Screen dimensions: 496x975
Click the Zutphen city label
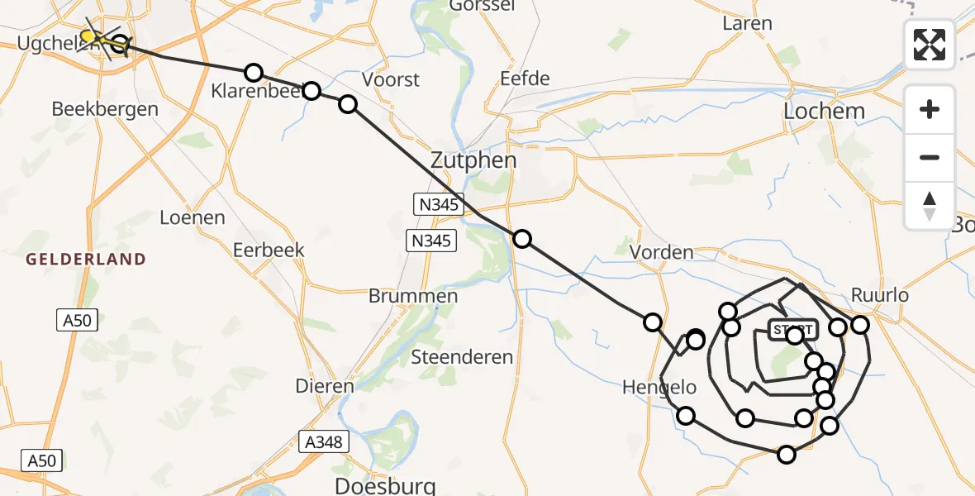point(473,160)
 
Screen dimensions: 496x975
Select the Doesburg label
point(383,484)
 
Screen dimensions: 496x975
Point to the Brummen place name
point(413,296)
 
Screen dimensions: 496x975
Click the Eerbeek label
point(269,250)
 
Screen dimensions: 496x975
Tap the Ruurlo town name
point(880,296)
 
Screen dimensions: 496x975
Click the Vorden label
point(661,252)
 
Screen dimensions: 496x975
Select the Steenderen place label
point(463,358)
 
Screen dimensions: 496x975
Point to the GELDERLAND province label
point(86,260)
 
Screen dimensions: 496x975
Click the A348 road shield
point(323,442)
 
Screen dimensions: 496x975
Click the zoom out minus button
point(930,157)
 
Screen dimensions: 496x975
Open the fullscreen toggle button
point(930,45)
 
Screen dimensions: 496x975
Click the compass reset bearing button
point(930,206)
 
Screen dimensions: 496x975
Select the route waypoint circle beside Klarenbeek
point(254,73)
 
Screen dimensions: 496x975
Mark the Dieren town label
point(326,385)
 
